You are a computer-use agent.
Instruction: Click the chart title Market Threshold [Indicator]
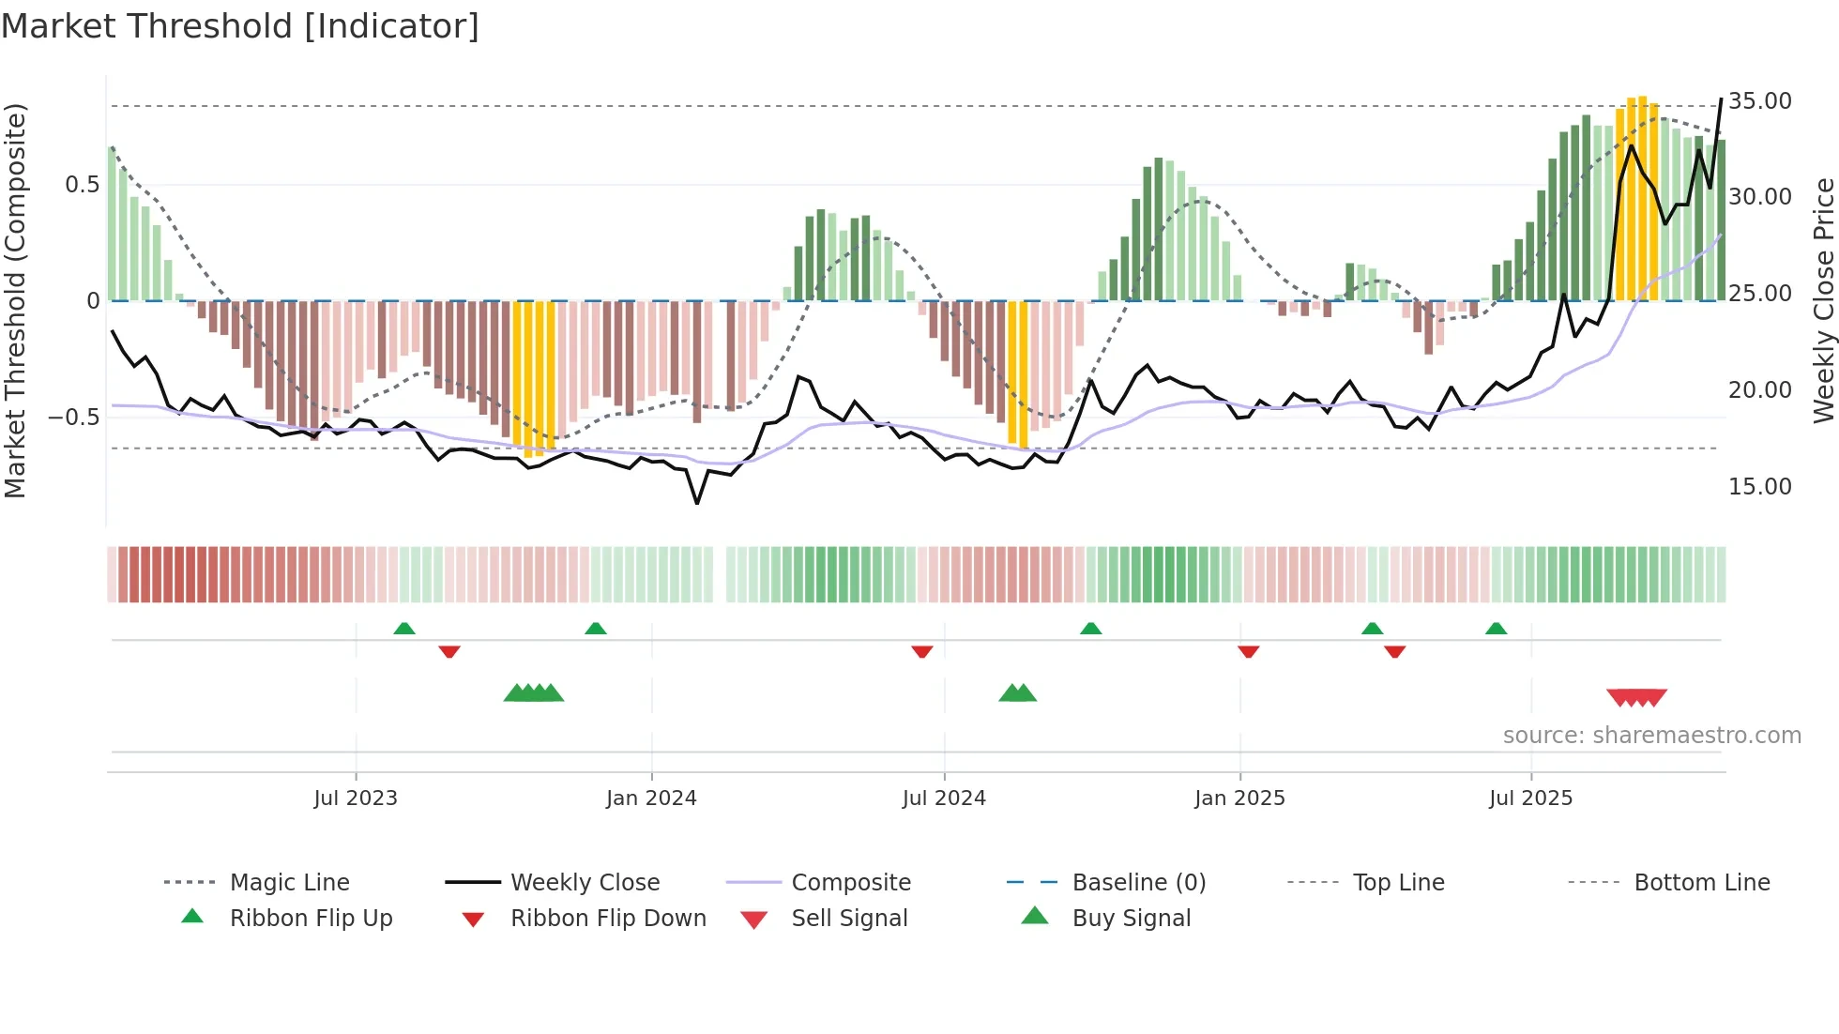click(240, 26)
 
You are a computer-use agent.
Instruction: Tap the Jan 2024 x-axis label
click(651, 798)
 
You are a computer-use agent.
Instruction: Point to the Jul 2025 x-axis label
click(1530, 798)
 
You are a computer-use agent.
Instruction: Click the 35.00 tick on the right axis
click(1759, 101)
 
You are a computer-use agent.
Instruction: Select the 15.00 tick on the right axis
click(1759, 487)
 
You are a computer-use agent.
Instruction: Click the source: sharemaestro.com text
click(1651, 736)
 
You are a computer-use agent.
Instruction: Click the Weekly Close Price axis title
click(1823, 300)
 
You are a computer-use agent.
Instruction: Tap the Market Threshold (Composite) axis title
click(15, 300)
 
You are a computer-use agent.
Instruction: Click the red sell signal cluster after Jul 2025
click(1636, 697)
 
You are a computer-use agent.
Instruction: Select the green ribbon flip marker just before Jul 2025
click(1496, 629)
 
